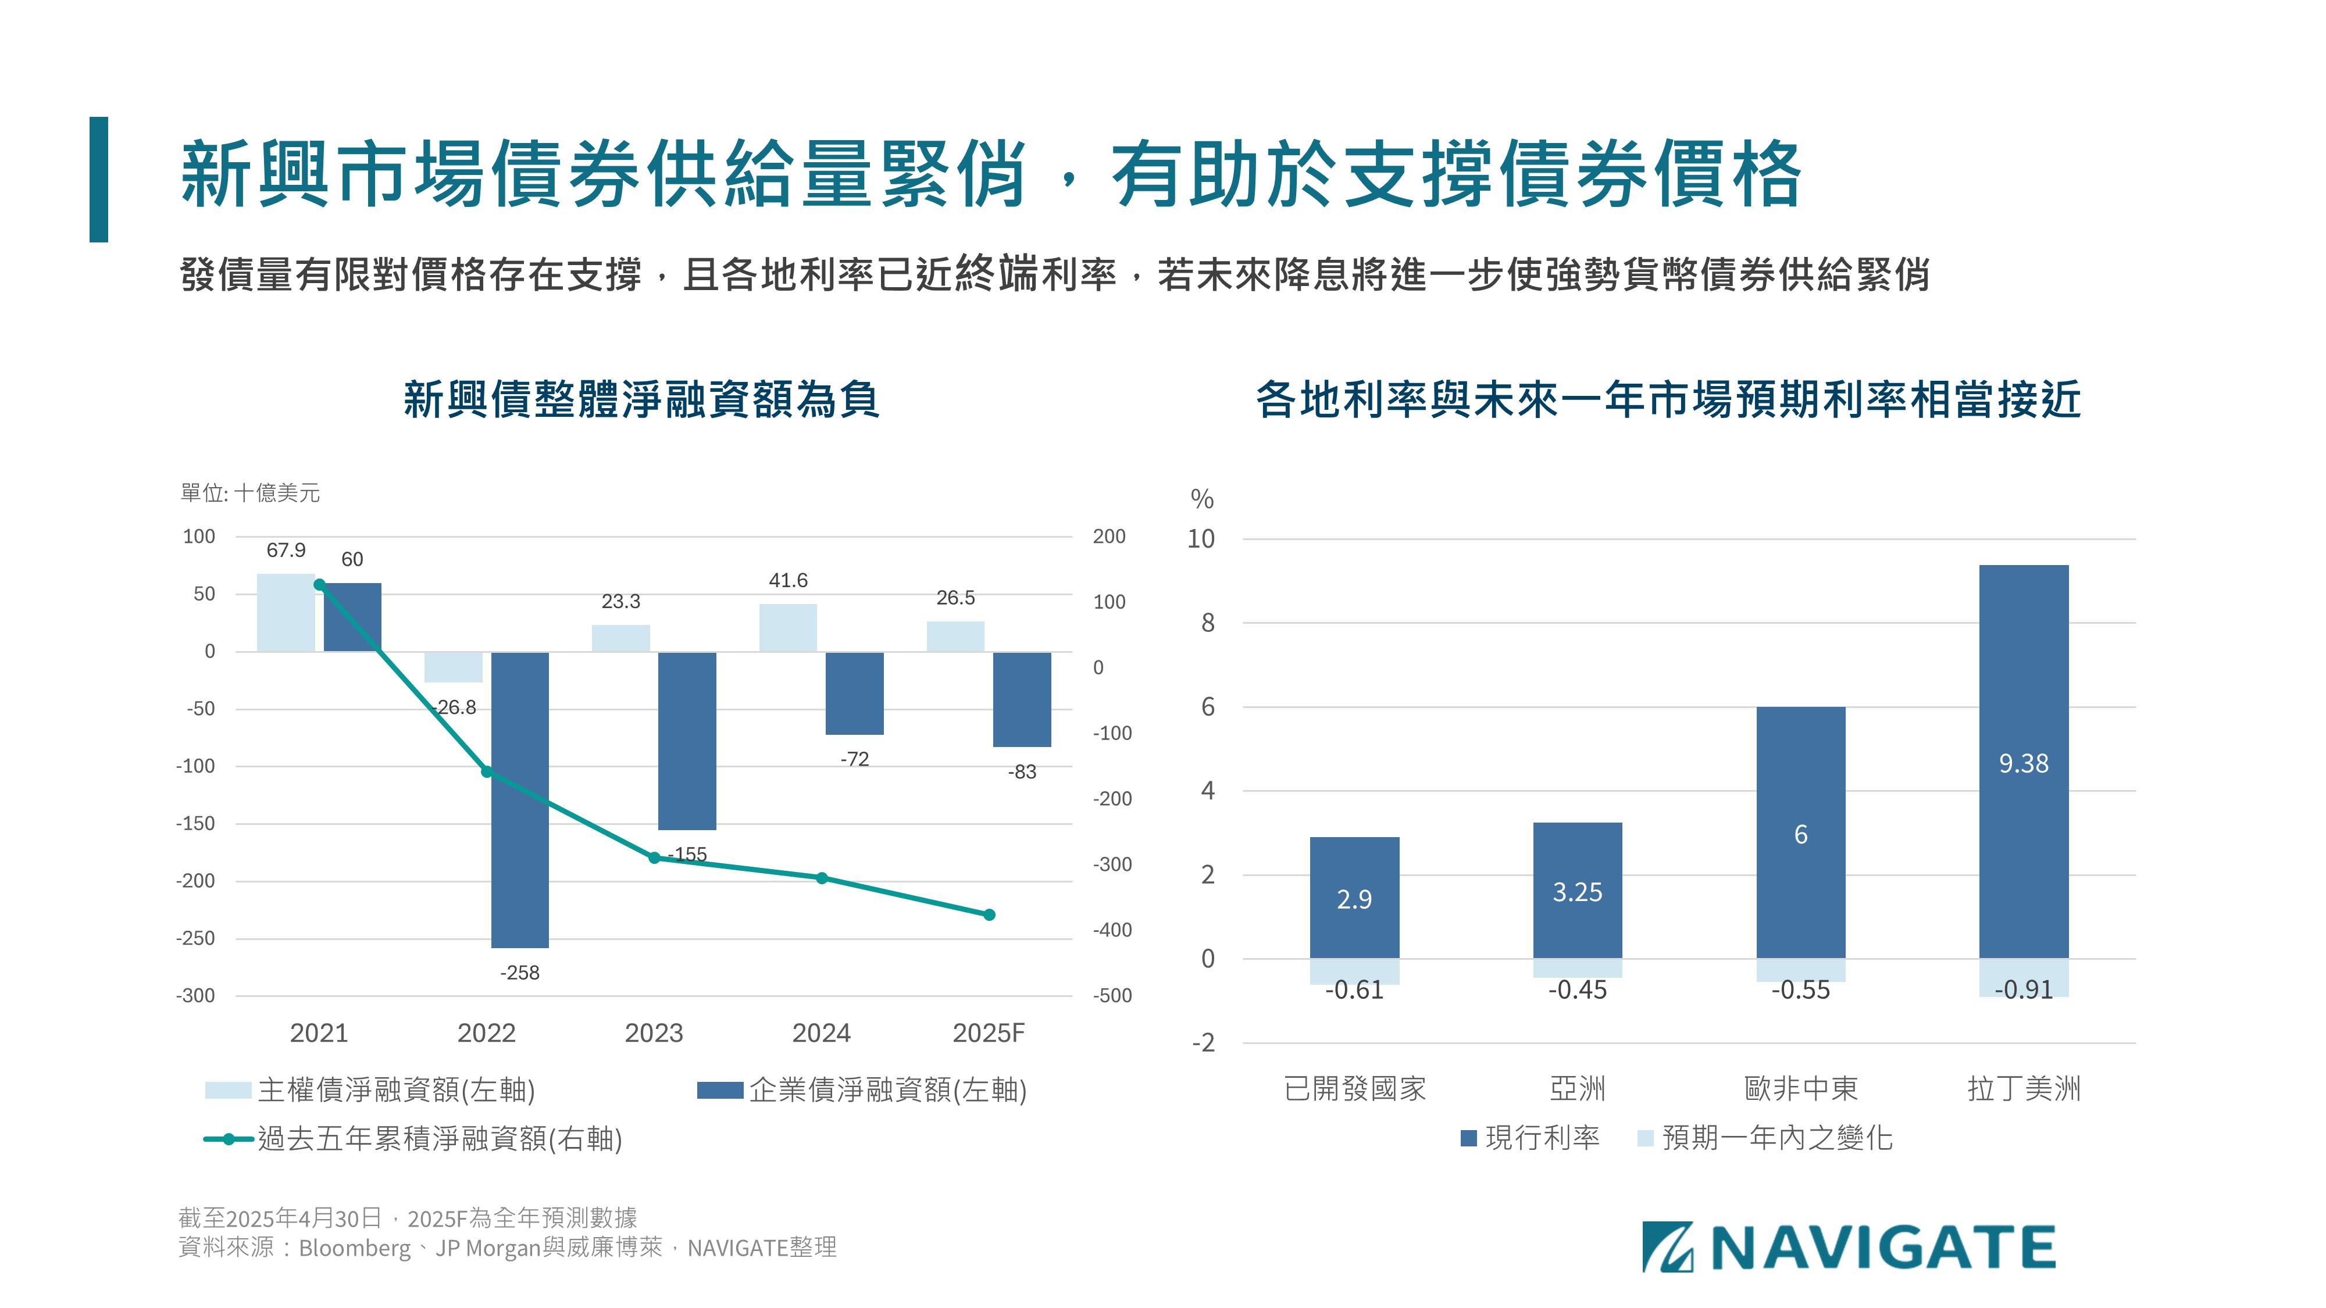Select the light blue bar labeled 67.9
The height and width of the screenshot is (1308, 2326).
point(286,612)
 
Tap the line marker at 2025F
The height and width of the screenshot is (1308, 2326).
point(989,914)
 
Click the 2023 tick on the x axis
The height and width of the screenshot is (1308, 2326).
point(654,1032)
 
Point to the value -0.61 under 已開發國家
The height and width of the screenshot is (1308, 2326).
point(1354,990)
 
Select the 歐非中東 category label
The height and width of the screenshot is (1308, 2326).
point(1800,1089)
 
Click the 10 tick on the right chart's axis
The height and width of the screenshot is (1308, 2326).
point(1201,539)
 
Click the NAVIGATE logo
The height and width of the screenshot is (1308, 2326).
point(1849,1248)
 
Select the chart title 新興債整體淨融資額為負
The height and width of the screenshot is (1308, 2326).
point(641,399)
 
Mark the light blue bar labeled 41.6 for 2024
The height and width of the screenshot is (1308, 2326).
point(787,627)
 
